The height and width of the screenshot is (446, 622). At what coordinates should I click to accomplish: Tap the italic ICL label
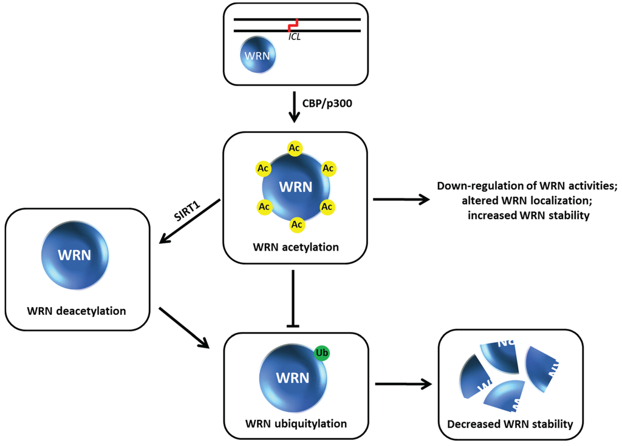click(296, 37)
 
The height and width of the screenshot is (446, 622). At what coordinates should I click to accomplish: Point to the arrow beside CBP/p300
click(294, 106)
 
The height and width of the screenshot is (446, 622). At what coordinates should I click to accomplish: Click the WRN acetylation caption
click(295, 247)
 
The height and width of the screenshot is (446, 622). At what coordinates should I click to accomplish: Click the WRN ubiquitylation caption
click(296, 422)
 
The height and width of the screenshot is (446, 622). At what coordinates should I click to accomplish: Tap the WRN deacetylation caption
click(77, 311)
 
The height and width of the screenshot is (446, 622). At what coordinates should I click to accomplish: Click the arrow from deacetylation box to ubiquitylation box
click(183, 328)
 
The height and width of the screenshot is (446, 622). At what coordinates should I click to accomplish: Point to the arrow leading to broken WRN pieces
click(403, 383)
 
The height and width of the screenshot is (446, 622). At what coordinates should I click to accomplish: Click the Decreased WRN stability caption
click(510, 424)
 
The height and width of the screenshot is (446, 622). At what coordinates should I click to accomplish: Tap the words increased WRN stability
click(528, 215)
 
